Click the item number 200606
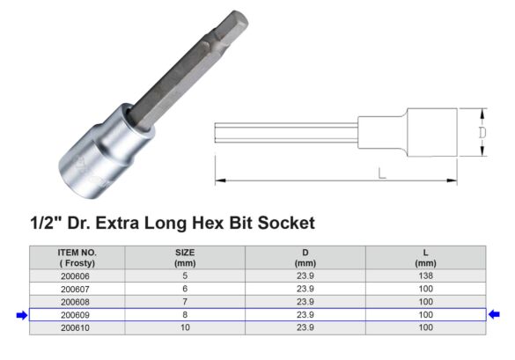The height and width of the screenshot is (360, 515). click(x=77, y=276)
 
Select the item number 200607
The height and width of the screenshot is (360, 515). click(x=77, y=288)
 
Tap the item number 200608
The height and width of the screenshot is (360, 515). click(x=77, y=301)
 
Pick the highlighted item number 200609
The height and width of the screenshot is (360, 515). click(x=77, y=314)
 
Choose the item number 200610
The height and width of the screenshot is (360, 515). click(x=77, y=327)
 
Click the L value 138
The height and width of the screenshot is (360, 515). click(x=424, y=276)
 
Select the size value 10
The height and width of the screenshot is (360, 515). click(x=184, y=327)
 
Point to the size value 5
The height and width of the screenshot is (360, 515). click(x=184, y=276)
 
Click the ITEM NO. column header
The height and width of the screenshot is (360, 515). click(x=77, y=257)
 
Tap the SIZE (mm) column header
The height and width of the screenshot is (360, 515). click(x=184, y=257)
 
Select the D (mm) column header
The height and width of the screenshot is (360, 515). click(x=305, y=257)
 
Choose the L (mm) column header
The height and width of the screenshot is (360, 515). click(x=424, y=257)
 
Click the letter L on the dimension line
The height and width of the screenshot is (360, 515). click(x=381, y=173)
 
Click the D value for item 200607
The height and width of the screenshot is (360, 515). click(x=305, y=288)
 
